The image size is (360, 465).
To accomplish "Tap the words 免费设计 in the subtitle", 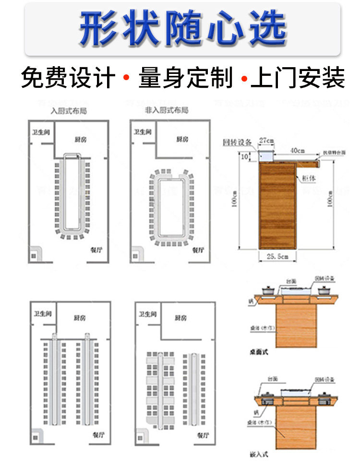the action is pos(69,77).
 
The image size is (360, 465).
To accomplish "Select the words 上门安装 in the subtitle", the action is pos(298,77).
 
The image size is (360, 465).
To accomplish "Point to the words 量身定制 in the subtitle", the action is pos(186,77).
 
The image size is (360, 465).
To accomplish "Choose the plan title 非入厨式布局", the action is pos(167,110).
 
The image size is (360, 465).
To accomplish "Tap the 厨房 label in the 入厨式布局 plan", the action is pos(81,139).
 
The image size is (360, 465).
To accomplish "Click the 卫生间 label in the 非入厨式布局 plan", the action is pos(143,131).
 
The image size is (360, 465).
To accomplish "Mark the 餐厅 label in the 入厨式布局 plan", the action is pos(96,250).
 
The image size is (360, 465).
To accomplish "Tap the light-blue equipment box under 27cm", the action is pos(265,156).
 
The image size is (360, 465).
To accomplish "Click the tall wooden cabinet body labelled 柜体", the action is pos(277,206).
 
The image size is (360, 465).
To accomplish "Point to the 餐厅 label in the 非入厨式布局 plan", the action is pos(198,250).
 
